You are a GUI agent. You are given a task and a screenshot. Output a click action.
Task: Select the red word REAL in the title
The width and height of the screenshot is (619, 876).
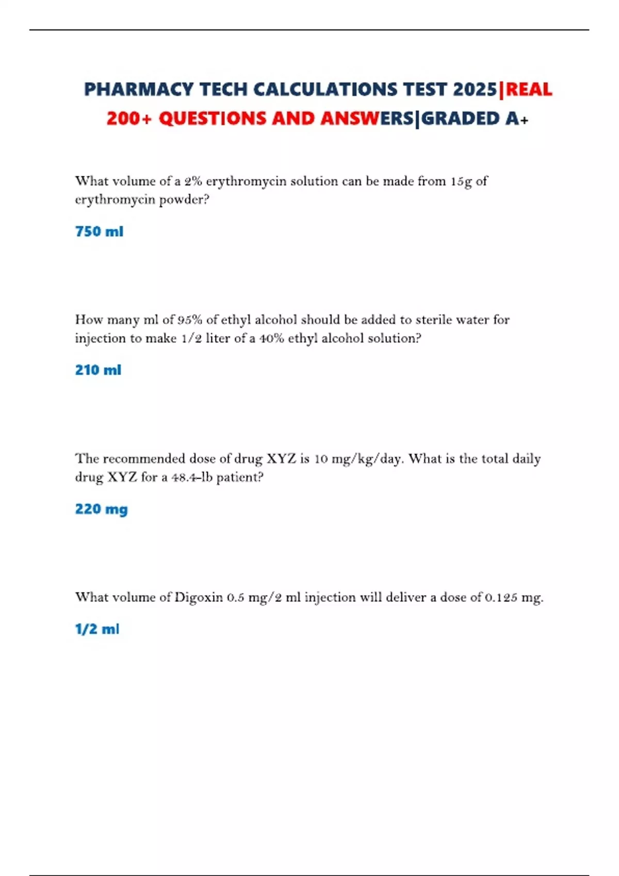529,90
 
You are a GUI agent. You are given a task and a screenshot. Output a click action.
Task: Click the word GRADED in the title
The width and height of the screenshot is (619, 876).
461,119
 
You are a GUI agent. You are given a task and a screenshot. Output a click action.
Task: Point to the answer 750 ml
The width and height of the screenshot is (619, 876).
99,231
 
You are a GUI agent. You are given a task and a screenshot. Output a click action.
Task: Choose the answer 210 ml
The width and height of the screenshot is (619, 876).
98,370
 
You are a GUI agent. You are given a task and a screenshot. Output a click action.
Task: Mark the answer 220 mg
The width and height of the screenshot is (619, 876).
101,509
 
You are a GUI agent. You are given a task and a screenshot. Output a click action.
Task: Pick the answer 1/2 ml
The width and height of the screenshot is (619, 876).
97,629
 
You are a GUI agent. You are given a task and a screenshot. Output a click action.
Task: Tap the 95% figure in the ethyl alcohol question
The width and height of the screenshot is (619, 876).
190,320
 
